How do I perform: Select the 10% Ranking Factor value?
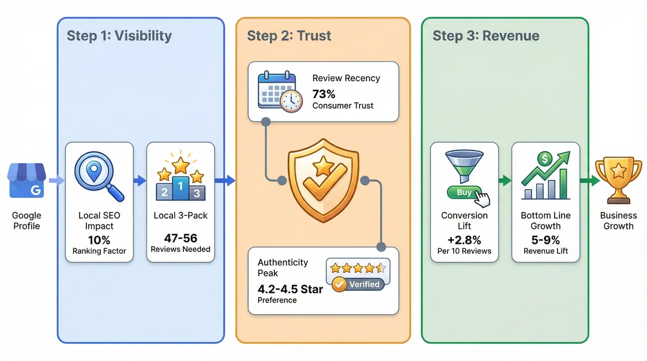[99, 239]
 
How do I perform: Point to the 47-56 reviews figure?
[181, 237]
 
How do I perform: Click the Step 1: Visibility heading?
[119, 36]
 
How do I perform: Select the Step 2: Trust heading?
[289, 36]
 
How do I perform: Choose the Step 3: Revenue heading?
[486, 36]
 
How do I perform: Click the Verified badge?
[358, 284]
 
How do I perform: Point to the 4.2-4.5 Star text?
[290, 289]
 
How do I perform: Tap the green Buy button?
[464, 193]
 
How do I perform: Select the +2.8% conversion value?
[464, 239]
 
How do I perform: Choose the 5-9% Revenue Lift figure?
[546, 239]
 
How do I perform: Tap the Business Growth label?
[618, 221]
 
